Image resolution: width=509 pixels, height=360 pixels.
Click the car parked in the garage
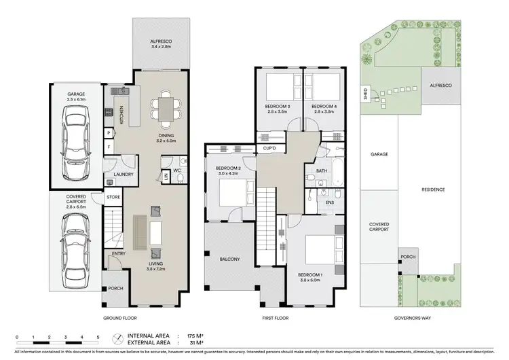(74, 143)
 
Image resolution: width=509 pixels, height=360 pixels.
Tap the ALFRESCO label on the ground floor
(162, 42)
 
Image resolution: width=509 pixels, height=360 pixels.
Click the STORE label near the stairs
(113, 198)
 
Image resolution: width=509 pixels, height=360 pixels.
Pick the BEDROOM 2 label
(229, 167)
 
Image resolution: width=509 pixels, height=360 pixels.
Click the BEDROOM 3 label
(278, 107)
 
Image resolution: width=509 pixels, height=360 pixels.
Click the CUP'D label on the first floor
(269, 147)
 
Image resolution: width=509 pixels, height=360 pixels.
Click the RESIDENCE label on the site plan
(433, 190)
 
